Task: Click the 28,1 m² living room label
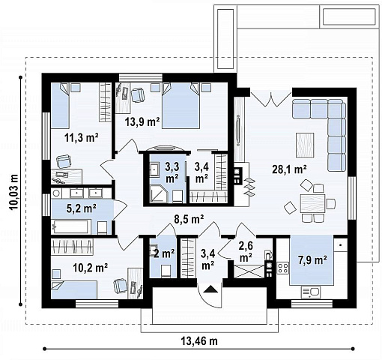point(289,169)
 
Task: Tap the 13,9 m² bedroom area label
point(142,122)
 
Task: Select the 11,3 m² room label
point(82,138)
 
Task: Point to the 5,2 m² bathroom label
point(82,208)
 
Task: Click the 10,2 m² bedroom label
point(91,268)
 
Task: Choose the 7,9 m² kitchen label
point(312,260)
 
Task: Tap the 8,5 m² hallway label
point(189,219)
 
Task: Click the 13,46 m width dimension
point(199,341)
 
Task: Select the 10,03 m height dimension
point(14,192)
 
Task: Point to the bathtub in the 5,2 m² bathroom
point(71,226)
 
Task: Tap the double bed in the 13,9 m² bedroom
point(181,106)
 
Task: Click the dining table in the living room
point(312,203)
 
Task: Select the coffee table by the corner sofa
point(305,145)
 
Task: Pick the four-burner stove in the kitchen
point(283,268)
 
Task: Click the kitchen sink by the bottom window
point(311,292)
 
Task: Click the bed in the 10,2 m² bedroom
point(74,289)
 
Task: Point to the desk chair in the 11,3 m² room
point(64,161)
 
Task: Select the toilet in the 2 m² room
point(166,271)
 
